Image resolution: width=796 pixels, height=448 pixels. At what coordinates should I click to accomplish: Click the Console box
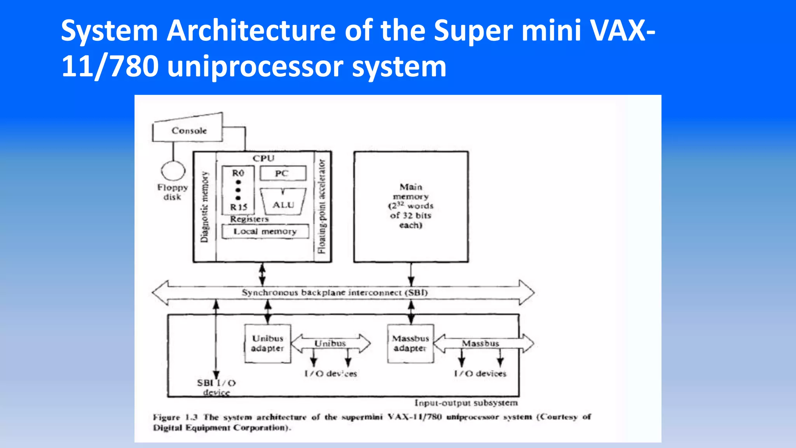[x=189, y=131]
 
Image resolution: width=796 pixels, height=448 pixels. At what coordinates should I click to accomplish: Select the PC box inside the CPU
[x=283, y=173]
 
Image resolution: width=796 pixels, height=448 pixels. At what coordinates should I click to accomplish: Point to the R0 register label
[x=238, y=173]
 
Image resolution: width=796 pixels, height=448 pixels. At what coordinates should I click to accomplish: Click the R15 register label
[x=238, y=207]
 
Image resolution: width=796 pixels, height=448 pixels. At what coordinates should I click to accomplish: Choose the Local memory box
[x=265, y=231]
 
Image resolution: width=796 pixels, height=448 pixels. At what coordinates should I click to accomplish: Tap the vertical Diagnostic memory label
[x=204, y=207]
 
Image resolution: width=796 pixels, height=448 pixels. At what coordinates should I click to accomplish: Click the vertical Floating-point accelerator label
[x=322, y=207]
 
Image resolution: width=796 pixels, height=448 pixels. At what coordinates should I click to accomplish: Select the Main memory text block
[x=411, y=206]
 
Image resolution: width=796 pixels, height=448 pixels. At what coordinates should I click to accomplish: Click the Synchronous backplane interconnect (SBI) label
[x=335, y=292]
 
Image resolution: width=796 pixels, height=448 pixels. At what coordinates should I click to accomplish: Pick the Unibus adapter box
[x=268, y=343]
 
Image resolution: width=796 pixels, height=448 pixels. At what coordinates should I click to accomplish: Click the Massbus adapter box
[x=410, y=343]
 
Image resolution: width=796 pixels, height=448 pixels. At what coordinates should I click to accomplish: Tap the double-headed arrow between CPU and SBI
[x=262, y=275]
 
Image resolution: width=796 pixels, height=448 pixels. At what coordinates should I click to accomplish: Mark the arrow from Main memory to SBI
[x=411, y=275]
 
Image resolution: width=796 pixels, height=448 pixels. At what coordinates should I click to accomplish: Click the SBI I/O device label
[x=216, y=387]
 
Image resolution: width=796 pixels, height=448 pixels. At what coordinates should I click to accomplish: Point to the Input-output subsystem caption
[x=466, y=403]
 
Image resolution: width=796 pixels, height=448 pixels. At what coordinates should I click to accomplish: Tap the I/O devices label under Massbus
[x=480, y=374]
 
